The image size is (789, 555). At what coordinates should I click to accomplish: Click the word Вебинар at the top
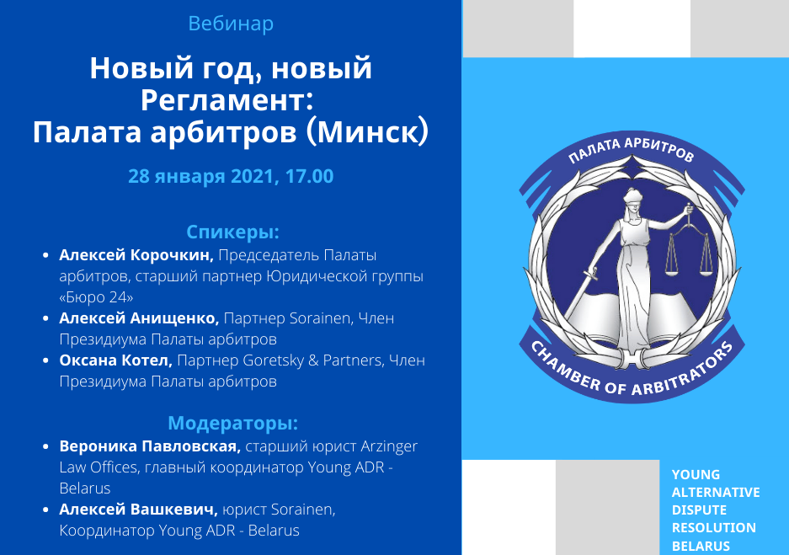pos(231,24)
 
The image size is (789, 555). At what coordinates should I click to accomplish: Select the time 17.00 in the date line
pos(309,176)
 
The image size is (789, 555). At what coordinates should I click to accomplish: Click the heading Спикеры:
pos(232,232)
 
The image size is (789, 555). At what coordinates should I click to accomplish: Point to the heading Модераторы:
pos(232,423)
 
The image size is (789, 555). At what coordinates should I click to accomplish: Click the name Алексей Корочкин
pos(136,255)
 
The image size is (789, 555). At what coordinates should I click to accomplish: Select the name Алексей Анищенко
pos(139,318)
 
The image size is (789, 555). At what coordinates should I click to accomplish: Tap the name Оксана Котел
pos(115,360)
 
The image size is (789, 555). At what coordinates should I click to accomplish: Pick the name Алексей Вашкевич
pos(138,510)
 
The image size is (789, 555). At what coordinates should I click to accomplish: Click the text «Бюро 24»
pos(96,297)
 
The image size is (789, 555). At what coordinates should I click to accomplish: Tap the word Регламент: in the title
pos(227,99)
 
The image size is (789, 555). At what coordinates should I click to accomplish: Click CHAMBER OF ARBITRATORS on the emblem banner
pos(632,373)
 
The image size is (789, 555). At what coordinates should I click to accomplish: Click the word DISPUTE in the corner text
pos(699,510)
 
